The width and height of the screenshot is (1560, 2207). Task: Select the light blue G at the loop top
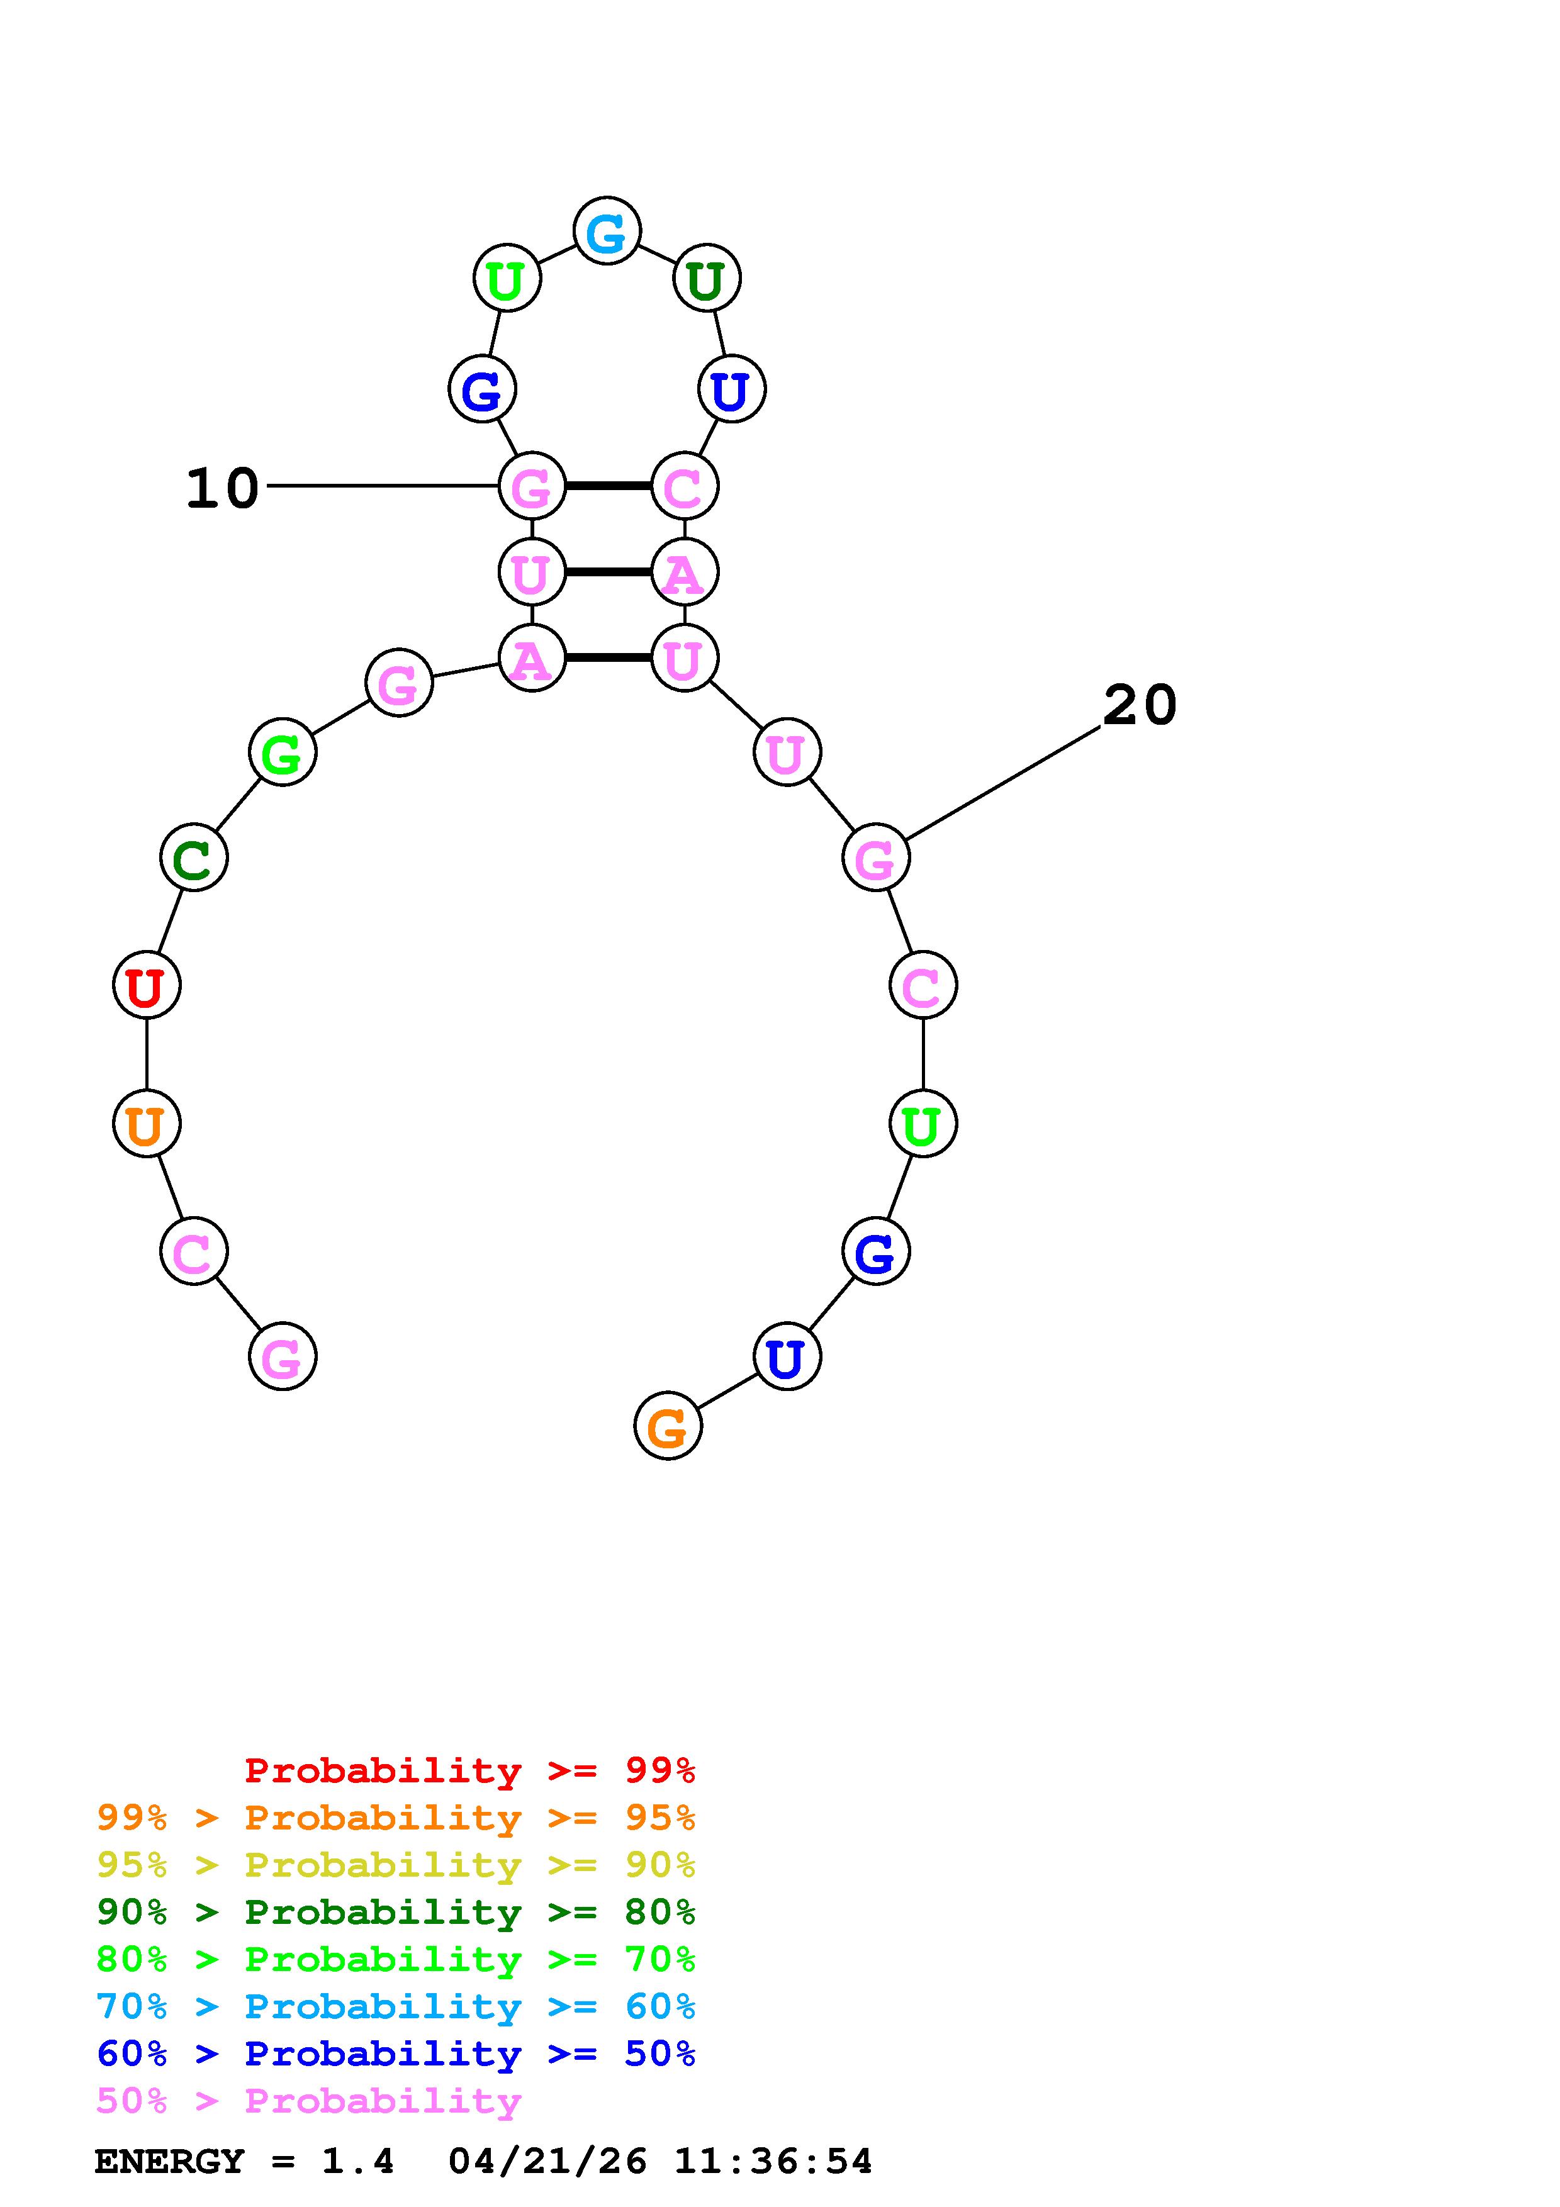607,231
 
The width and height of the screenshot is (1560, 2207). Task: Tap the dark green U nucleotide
707,279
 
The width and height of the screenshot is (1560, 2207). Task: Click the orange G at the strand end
668,1426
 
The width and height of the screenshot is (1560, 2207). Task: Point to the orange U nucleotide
146,1124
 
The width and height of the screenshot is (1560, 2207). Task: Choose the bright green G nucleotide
283,752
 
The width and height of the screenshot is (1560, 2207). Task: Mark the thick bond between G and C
607,486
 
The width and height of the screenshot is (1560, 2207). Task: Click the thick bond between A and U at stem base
607,659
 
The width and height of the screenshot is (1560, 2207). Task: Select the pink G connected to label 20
875,858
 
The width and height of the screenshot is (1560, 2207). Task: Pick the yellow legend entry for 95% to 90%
396,1865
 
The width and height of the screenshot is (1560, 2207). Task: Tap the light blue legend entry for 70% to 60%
396,2006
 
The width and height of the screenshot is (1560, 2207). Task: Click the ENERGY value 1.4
357,2162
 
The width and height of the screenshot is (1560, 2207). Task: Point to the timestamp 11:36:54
773,2162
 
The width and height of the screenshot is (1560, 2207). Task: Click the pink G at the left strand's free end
283,1356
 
